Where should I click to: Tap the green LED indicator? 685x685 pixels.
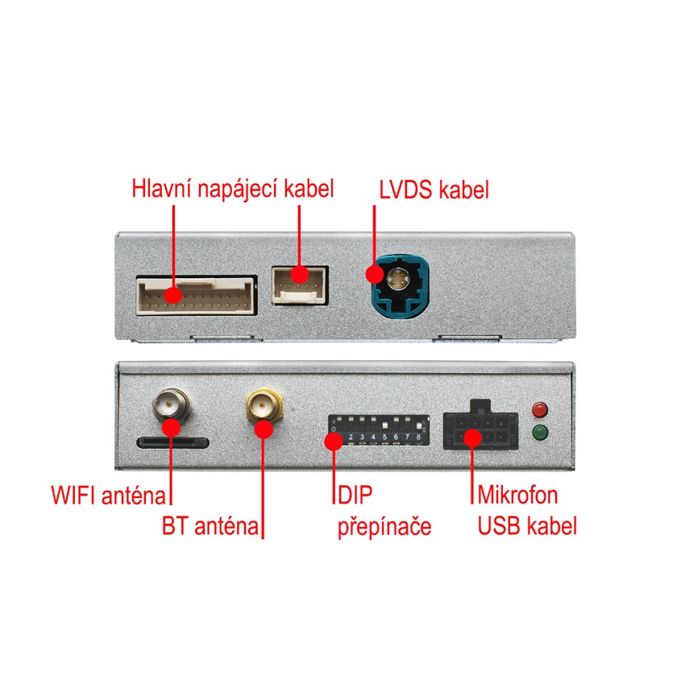(x=540, y=434)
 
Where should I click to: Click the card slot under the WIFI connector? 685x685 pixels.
(x=173, y=442)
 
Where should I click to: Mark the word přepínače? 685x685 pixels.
(x=384, y=528)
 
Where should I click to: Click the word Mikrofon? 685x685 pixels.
(x=517, y=494)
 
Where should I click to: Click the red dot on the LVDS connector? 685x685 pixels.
(x=375, y=273)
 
